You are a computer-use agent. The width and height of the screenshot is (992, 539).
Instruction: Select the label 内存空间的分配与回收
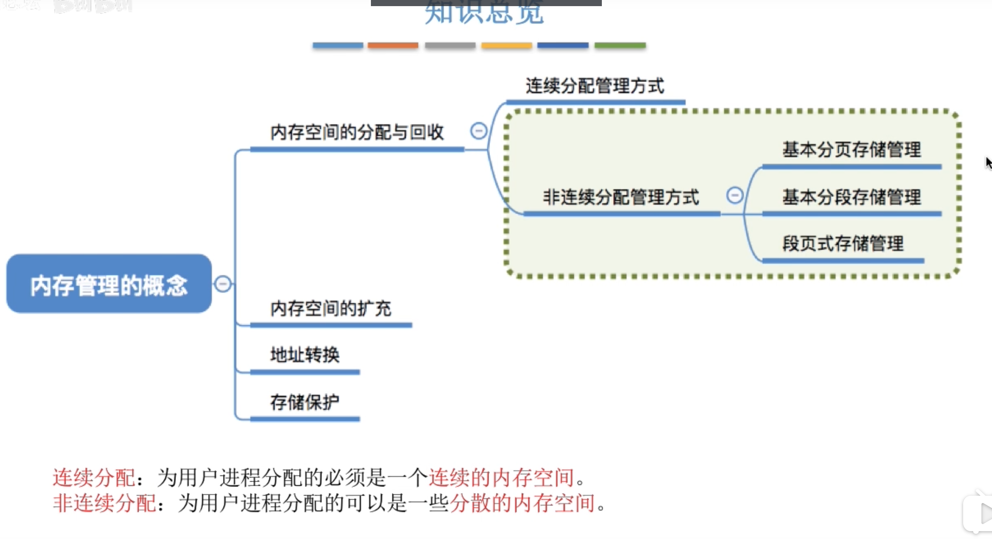[357, 132]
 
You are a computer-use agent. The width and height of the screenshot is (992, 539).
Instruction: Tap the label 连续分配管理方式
[595, 86]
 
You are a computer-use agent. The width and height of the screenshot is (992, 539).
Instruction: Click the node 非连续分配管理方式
[621, 197]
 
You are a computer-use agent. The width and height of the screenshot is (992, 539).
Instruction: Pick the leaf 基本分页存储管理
[852, 150]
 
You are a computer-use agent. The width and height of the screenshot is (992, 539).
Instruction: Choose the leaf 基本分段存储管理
[852, 197]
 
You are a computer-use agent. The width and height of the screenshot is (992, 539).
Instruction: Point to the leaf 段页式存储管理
[843, 244]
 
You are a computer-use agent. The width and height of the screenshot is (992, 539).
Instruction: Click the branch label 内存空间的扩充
[331, 308]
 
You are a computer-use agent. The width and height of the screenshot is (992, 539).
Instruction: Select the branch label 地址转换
[305, 355]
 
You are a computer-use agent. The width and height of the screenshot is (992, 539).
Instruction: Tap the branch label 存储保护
[305, 402]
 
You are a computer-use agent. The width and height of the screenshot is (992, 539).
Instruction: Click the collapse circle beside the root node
[223, 284]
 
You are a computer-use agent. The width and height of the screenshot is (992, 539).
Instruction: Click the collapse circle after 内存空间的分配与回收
[479, 131]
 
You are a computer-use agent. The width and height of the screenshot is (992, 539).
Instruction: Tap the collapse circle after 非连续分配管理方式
[735, 195]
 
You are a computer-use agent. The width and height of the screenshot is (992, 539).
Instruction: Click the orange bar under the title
[393, 45]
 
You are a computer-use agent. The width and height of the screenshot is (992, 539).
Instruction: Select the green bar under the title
[620, 45]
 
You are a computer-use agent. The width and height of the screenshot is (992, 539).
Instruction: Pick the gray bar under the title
[450, 45]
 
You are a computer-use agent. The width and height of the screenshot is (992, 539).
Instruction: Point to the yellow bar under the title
[506, 45]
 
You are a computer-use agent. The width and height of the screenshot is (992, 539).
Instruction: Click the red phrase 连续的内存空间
[501, 477]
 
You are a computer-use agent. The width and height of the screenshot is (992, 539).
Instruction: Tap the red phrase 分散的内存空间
[522, 503]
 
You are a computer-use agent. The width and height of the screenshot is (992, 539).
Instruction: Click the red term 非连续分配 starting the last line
[104, 503]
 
